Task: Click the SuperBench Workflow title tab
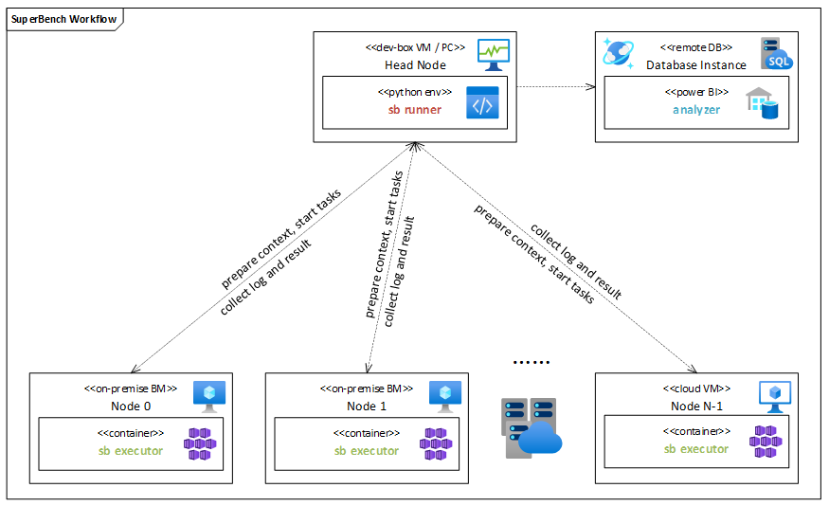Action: pos(59,19)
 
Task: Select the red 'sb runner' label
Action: pos(414,110)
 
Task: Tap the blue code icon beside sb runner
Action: pos(481,102)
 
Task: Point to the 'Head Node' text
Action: pos(415,65)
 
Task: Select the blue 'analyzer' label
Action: pos(696,110)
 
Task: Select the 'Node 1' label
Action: pos(367,406)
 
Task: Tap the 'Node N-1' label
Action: pos(696,406)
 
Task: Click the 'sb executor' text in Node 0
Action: pos(131,450)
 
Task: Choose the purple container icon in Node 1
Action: pos(436,443)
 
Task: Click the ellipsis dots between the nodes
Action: pos(530,363)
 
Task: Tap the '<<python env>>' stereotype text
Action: pos(415,92)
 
